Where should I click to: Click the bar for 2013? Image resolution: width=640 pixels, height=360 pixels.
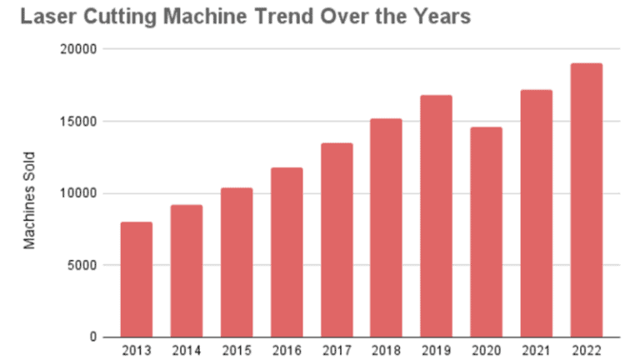coord(137,279)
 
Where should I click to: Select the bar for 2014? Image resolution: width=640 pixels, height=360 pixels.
coord(187,271)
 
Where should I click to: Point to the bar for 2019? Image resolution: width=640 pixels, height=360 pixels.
coord(437,217)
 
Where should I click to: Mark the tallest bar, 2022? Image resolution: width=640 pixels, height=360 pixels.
coord(587,200)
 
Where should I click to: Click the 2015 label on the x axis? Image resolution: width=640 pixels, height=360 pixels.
coord(237,349)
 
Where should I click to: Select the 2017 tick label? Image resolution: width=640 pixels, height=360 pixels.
coord(337,349)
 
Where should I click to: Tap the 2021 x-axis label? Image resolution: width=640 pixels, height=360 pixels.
coord(537,349)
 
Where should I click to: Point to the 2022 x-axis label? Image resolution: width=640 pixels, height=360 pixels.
coord(587,349)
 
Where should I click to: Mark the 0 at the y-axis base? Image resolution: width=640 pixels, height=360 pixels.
coord(95,337)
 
